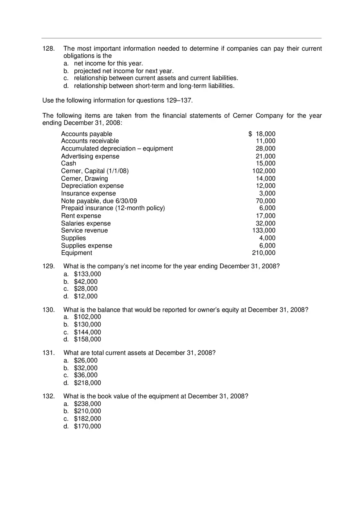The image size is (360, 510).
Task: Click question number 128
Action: pyautogui.click(x=48, y=49)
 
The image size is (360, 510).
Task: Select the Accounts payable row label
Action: pyautogui.click(x=86, y=134)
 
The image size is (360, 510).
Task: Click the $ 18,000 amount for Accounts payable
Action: pyautogui.click(x=262, y=134)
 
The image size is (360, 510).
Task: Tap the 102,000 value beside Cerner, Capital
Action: pyautogui.click(x=264, y=171)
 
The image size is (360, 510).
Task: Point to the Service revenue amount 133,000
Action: pyautogui.click(x=264, y=231)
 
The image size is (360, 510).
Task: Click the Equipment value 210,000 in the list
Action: pyautogui.click(x=264, y=253)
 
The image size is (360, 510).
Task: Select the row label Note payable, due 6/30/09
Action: pyautogui.click(x=99, y=201)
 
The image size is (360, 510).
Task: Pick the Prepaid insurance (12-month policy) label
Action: pyautogui.click(x=113, y=208)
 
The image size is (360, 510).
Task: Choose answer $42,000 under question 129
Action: pyautogui.click(x=85, y=281)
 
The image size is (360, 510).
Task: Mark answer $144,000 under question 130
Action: pyautogui.click(x=87, y=332)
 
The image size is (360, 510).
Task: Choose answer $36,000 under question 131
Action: pyautogui.click(x=85, y=375)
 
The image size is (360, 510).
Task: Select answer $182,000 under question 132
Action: pyautogui.click(x=87, y=419)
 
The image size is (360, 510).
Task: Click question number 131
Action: pyautogui.click(x=48, y=353)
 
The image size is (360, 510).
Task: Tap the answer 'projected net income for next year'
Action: pyautogui.click(x=124, y=71)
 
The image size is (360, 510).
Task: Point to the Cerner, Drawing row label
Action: pyautogui.click(x=84, y=178)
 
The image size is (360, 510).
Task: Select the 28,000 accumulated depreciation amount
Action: pyautogui.click(x=265, y=148)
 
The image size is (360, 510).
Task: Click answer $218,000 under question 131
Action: pyautogui.click(x=87, y=383)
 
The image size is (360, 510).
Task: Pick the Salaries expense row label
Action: pyautogui.click(x=85, y=223)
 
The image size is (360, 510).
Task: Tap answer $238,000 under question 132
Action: pyautogui.click(x=87, y=404)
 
